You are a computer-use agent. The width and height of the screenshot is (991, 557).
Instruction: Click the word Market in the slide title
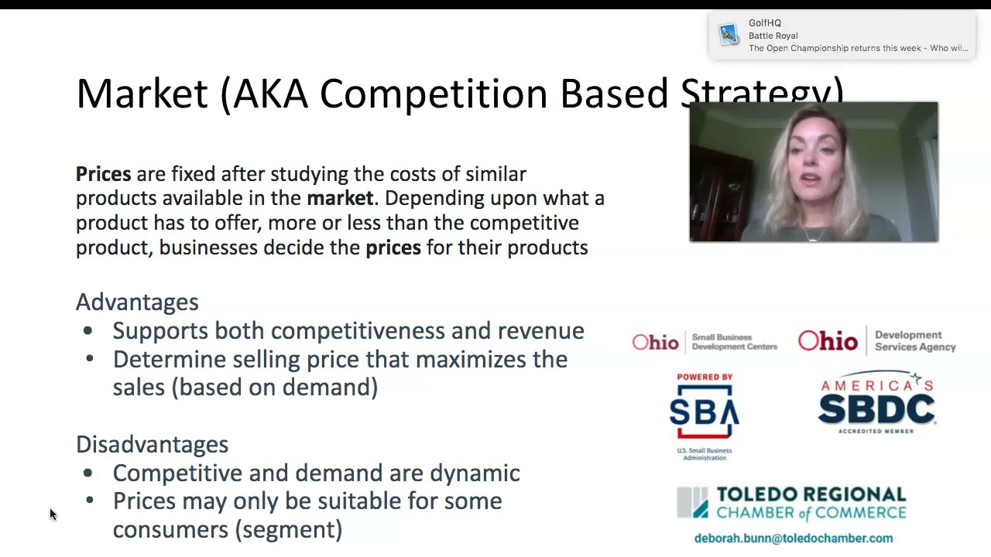pos(142,94)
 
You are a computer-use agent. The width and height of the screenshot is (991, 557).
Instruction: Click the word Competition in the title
pos(434,94)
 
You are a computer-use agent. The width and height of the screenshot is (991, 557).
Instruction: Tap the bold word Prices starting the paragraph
pos(103,174)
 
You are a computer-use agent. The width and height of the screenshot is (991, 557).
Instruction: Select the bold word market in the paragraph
pos(340,198)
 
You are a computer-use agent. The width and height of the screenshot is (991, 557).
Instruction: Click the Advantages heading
pos(137,302)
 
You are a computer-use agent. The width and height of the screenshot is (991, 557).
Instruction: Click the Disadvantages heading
pos(152,444)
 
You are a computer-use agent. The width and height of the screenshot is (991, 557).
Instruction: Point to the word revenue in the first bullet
pos(540,330)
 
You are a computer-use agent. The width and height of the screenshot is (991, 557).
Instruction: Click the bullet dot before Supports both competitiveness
pos(87,331)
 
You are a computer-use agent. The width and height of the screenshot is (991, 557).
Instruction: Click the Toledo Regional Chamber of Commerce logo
pos(791,503)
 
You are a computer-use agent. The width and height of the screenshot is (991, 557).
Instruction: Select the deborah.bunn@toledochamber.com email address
pos(793,538)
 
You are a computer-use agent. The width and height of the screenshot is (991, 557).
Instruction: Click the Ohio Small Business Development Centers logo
pos(704,342)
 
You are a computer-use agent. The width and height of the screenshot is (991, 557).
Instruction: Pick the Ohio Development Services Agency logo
pos(876,340)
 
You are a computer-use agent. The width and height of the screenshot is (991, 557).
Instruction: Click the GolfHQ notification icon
pos(729,35)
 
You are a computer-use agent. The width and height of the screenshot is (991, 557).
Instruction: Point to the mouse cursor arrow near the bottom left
pos(53,514)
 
